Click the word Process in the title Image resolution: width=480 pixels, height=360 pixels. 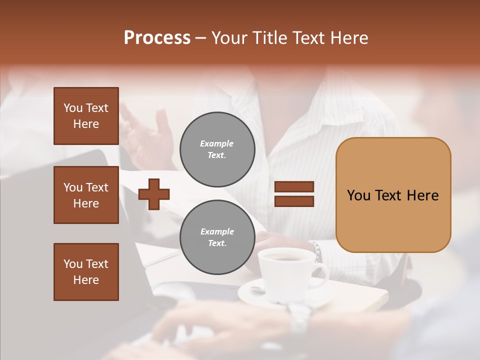[157, 38]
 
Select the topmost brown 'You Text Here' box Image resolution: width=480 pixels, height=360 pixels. [86, 116]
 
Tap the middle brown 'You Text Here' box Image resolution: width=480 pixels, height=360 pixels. [86, 195]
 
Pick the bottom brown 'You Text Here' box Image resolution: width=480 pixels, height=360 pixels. [86, 272]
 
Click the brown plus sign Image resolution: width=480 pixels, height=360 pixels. [154, 194]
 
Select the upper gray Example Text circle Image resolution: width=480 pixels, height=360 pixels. [217, 149]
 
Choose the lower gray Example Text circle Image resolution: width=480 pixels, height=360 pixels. [217, 237]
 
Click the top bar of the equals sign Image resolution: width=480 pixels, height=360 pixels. [294, 187]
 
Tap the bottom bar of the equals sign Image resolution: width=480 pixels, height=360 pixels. [294, 201]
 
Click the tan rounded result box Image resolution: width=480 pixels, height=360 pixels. [393, 195]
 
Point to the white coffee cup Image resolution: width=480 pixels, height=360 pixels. [285, 272]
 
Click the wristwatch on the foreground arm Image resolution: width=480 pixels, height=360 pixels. [300, 317]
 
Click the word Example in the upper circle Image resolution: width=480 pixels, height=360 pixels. [217, 143]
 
